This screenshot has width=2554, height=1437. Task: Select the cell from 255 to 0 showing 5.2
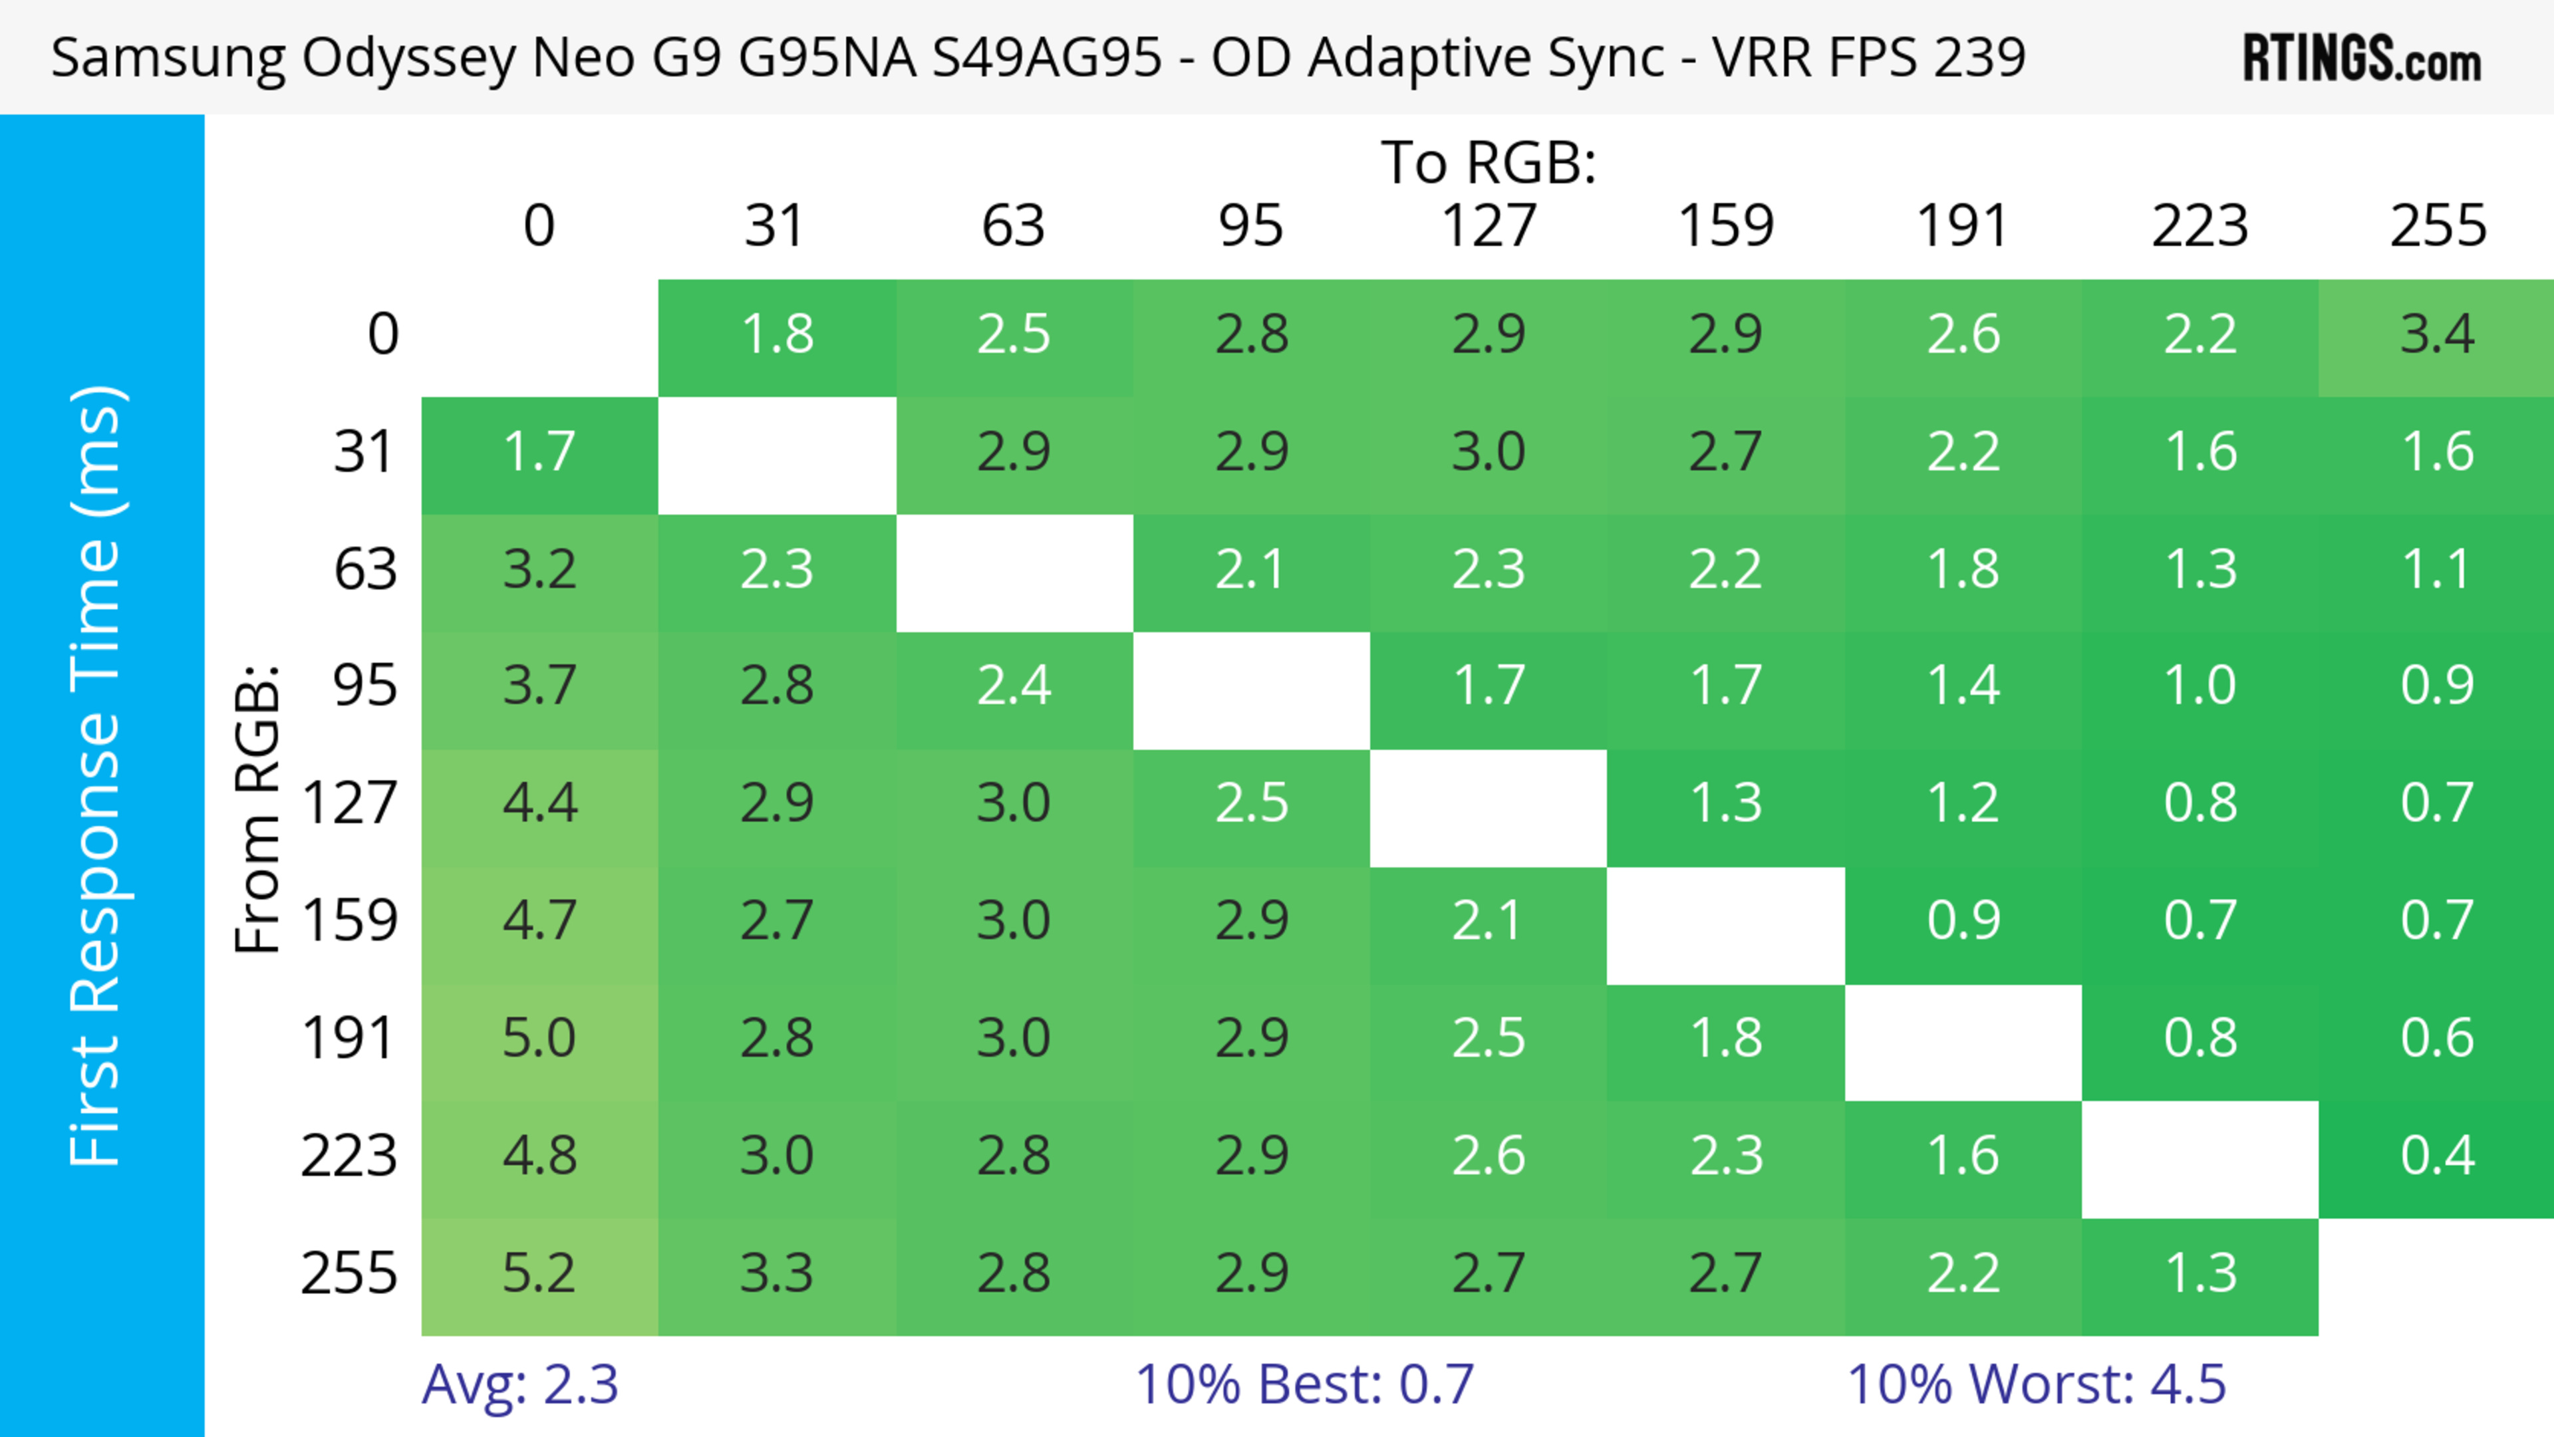[x=539, y=1273]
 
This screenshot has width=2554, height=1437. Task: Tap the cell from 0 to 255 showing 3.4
[x=2437, y=334]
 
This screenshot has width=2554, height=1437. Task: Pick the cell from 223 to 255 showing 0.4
[x=2437, y=1156]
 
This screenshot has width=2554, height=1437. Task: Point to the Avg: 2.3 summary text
[x=519, y=1384]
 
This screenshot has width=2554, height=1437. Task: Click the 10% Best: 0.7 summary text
[x=1304, y=1384]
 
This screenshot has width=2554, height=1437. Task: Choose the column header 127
[x=1489, y=226]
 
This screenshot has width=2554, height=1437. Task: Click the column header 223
[x=2200, y=226]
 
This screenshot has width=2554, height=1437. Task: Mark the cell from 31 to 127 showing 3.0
[x=1489, y=452]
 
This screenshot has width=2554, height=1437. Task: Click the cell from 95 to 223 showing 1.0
[x=2200, y=686]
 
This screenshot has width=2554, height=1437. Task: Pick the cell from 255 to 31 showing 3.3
[x=776, y=1273]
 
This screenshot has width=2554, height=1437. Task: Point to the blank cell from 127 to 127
[x=1489, y=808]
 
